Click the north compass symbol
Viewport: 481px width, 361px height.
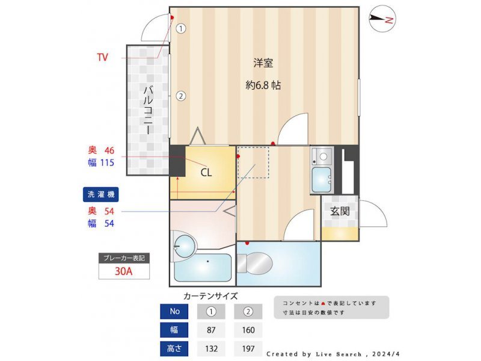pos(382,19)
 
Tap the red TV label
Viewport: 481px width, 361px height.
pos(103,57)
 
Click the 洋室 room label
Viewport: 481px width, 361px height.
pos(263,63)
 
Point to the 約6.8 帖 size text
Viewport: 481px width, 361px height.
pos(263,85)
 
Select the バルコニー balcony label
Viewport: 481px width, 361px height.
pos(149,110)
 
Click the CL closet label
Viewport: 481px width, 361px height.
pos(206,173)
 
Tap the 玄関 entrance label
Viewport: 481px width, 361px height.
pos(340,211)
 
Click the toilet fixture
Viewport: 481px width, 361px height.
pos(254,263)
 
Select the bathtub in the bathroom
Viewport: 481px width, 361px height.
pos(203,267)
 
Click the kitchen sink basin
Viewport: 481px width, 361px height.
pos(322,180)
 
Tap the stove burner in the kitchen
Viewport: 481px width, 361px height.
pos(323,156)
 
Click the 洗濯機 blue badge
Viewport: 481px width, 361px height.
pos(100,194)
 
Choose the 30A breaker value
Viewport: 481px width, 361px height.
pos(124,271)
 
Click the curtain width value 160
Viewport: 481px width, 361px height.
pos(248,330)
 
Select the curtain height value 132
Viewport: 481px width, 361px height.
pos(212,349)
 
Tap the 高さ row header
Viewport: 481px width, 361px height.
pos(174,349)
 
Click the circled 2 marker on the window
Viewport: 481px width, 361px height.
pos(181,96)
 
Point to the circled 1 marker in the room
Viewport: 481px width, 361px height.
pos(181,29)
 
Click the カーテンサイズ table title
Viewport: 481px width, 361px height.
pos(210,296)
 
